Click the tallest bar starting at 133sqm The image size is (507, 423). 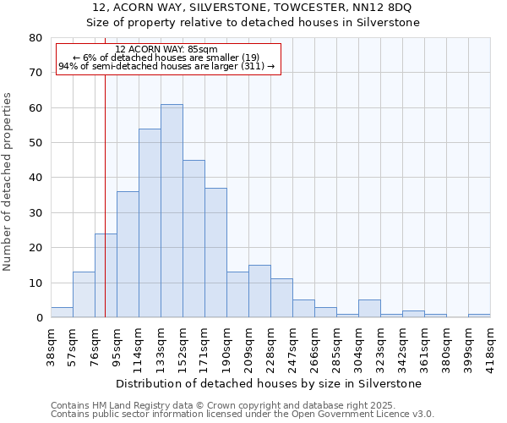click(x=172, y=211)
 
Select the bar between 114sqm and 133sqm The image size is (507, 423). click(x=150, y=223)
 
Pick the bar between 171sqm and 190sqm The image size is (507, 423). click(x=215, y=253)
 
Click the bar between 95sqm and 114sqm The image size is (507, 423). click(x=128, y=255)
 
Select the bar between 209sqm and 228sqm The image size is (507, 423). click(x=259, y=292)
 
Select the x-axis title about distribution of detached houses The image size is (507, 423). click(x=270, y=384)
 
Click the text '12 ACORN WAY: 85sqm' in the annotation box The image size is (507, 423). click(x=166, y=49)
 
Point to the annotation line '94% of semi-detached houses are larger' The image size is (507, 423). click(x=166, y=66)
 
